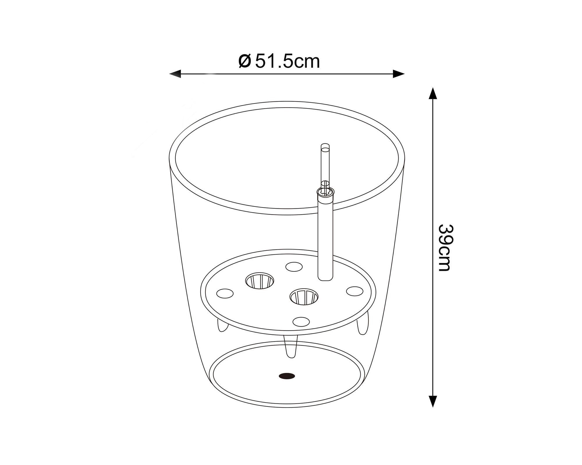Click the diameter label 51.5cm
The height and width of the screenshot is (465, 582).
tap(288, 62)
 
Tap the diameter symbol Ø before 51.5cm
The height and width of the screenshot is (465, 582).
tap(244, 61)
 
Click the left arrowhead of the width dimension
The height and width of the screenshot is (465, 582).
tap(175, 74)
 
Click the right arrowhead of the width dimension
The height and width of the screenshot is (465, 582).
tap(399, 74)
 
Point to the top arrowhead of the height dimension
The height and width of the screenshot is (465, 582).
tap(433, 93)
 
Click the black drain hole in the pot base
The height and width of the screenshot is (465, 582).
tap(287, 376)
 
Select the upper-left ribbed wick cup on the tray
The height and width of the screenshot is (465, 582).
tap(260, 280)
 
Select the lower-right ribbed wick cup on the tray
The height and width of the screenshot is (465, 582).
tap(304, 297)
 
